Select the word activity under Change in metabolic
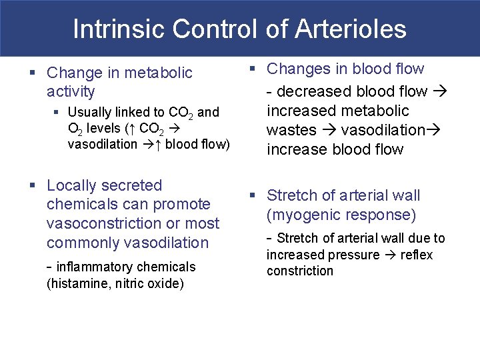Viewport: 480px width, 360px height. pos(71,91)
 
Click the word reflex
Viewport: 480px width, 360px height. pos(417,255)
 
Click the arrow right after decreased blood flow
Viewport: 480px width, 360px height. pos(441,91)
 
